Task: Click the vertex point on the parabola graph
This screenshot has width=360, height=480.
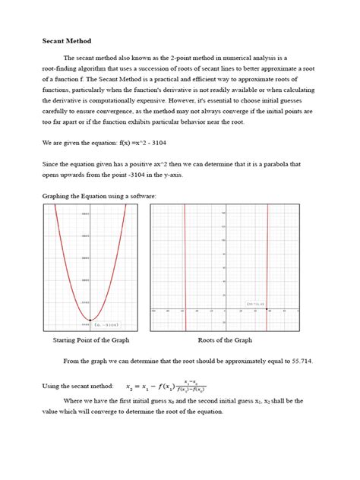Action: click(90, 321)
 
